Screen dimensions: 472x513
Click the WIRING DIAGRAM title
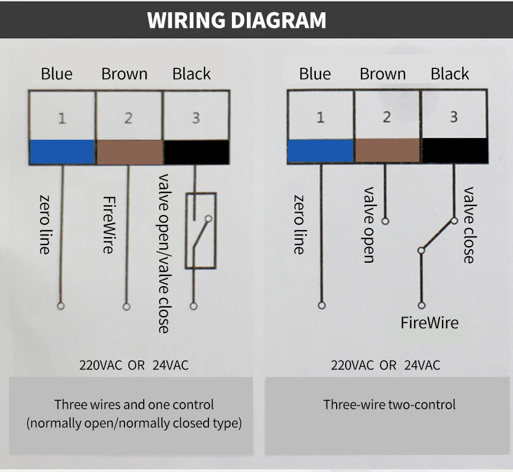tap(237, 20)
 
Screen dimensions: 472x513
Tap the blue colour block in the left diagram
tap(63, 152)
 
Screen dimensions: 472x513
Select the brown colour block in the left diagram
tap(130, 152)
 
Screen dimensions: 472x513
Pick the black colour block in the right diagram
tap(455, 151)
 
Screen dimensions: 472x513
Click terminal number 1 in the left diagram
tap(62, 118)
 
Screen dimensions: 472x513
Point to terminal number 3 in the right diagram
tap(454, 116)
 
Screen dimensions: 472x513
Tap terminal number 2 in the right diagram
tap(387, 116)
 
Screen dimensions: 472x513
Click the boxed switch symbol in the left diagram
tap(200, 230)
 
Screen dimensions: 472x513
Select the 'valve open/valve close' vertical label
tap(164, 253)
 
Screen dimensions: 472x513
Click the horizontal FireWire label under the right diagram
tap(430, 322)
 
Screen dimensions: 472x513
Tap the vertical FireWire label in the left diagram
tap(108, 225)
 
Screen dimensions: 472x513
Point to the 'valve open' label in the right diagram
tap(369, 224)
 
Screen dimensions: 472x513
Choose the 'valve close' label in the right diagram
tap(469, 224)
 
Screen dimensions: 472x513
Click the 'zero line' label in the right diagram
tap(300, 224)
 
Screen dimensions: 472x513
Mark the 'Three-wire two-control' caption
tap(389, 404)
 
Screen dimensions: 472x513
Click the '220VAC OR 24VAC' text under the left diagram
tap(134, 365)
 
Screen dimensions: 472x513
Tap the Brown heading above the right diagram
tap(383, 74)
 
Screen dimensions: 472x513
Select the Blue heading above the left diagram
tap(57, 74)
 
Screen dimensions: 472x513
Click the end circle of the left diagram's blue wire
tap(61, 306)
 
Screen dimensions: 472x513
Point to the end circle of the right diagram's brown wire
tap(385, 221)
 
